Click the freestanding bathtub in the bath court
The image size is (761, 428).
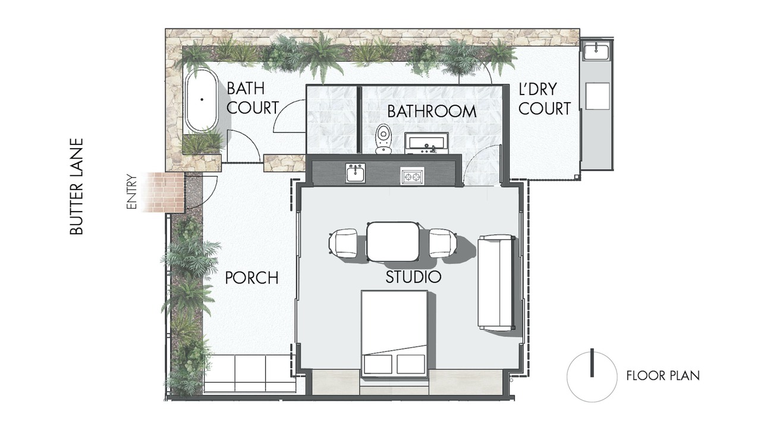tap(202, 100)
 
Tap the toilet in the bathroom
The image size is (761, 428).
tap(383, 139)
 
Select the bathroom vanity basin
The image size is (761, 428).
tap(426, 143)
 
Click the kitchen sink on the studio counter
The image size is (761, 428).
tap(356, 173)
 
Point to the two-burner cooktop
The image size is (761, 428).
tap(412, 176)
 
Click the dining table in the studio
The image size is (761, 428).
tap(393, 241)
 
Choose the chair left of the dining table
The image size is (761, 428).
tap(343, 243)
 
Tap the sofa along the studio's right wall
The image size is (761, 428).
tap(496, 282)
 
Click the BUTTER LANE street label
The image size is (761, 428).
tap(77, 186)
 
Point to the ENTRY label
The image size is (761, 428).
tap(131, 192)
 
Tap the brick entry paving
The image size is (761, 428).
tap(163, 192)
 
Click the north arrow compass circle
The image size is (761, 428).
tap(592, 377)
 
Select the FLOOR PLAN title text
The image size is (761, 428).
tap(663, 376)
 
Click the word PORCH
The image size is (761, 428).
tap(251, 278)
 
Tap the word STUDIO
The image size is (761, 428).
tap(413, 277)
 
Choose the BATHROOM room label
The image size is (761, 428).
tap(432, 111)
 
